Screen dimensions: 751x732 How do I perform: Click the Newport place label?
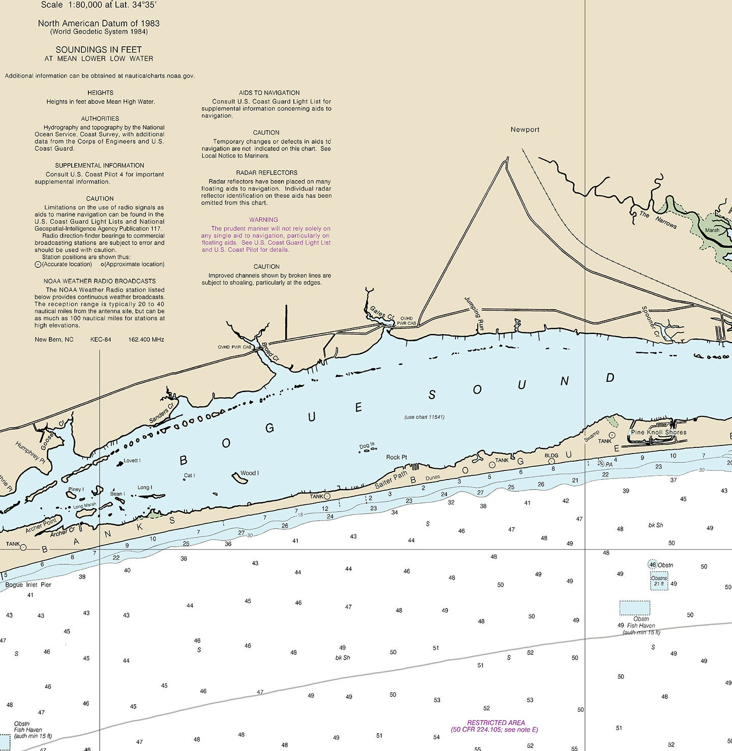click(x=525, y=130)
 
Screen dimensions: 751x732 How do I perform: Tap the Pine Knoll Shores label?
click(x=658, y=432)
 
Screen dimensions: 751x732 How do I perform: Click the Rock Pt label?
click(x=396, y=457)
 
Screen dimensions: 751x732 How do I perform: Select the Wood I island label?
click(x=249, y=473)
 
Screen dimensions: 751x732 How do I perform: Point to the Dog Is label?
click(x=367, y=446)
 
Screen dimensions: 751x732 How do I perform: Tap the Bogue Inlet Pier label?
click(x=28, y=585)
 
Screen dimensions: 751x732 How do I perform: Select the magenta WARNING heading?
click(x=263, y=220)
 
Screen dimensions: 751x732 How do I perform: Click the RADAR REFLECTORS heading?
click(x=266, y=173)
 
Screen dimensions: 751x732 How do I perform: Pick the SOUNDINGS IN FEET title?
click(x=99, y=50)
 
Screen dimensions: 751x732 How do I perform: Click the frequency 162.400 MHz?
click(x=146, y=340)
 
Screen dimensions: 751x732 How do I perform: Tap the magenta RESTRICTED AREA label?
click(x=496, y=723)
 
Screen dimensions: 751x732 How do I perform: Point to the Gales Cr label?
click(x=382, y=313)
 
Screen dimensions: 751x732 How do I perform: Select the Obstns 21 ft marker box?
click(x=659, y=581)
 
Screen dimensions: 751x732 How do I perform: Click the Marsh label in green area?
click(x=712, y=230)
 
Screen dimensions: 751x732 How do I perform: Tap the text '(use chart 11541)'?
click(x=424, y=417)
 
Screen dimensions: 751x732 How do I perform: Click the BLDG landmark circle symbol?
click(x=552, y=462)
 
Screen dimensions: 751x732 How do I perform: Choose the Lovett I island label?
click(x=132, y=461)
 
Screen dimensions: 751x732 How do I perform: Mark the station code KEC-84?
click(x=101, y=340)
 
